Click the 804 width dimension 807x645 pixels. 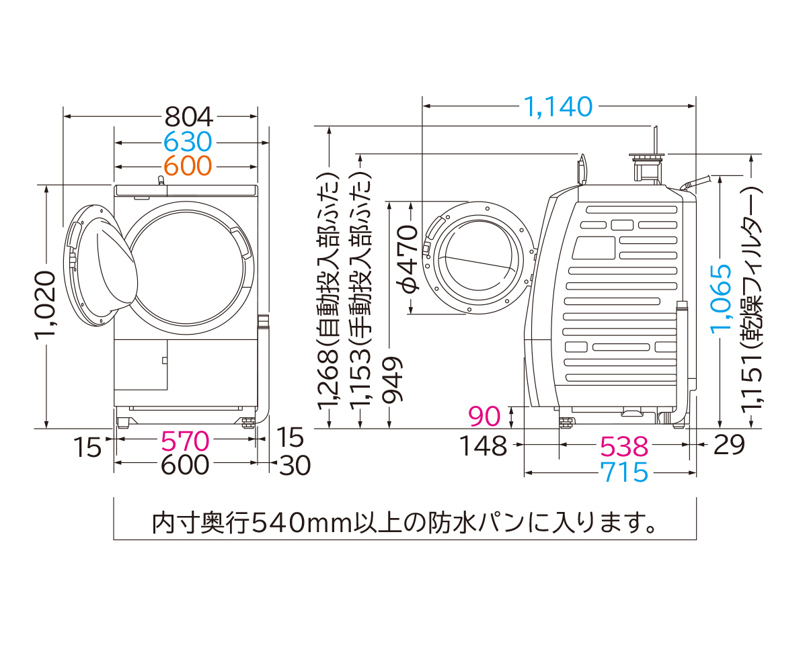pos(189,118)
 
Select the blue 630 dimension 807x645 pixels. pos(188,142)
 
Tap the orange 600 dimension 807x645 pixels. pos(188,165)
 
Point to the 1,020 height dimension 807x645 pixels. pos(45,306)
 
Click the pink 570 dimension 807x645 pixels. pos(185,441)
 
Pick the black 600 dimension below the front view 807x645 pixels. pos(185,465)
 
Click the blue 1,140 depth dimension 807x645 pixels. pos(558,106)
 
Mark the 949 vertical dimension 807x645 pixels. pos(393,380)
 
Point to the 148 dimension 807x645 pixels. pos(483,445)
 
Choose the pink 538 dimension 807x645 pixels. pos(624,445)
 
